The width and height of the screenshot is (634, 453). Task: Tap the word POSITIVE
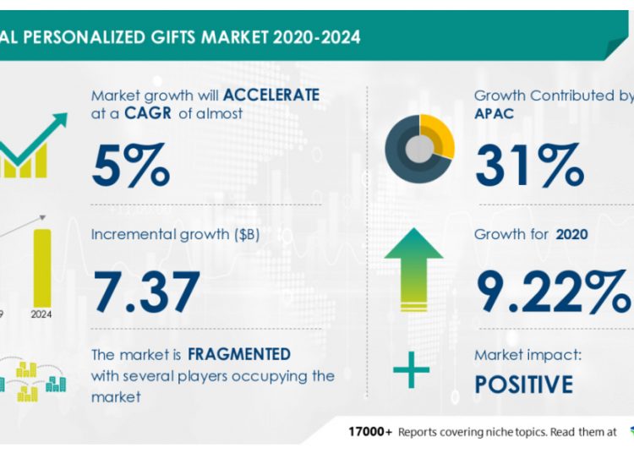[523, 385]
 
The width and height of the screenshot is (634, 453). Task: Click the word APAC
[494, 114]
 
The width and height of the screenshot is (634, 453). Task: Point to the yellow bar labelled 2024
[41, 267]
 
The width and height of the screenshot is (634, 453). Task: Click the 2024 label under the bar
[41, 315]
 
